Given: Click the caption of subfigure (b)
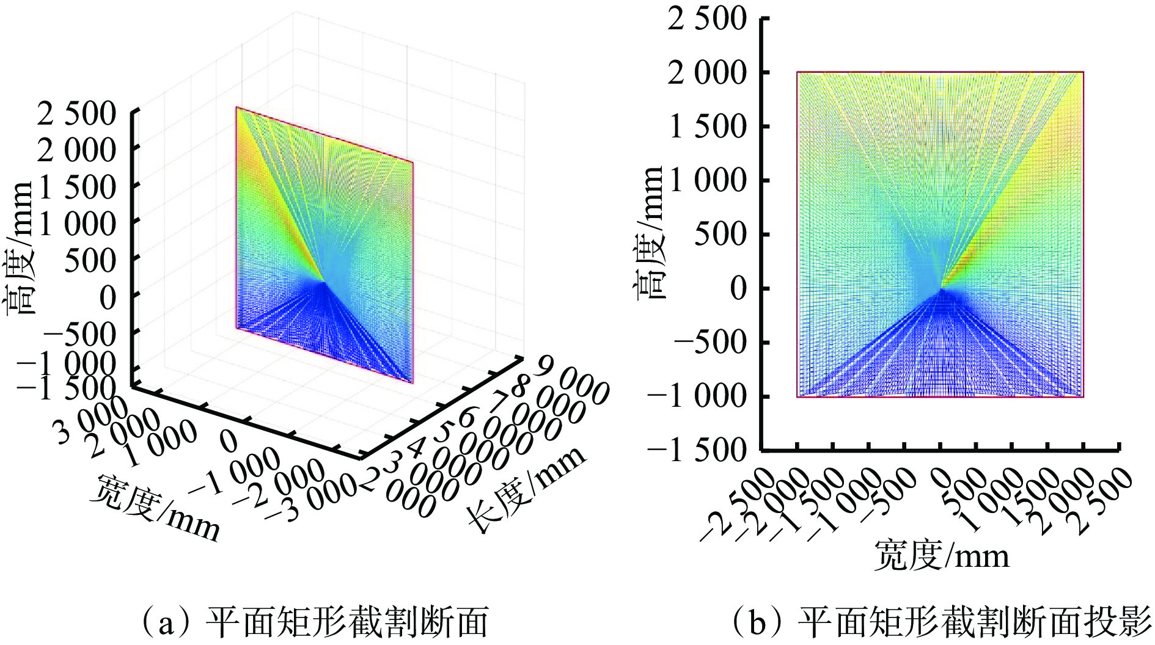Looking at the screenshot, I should (941, 622).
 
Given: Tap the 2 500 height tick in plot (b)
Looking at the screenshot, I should (707, 19).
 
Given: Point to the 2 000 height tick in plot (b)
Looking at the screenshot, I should (707, 73).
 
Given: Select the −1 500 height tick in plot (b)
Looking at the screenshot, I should (697, 451).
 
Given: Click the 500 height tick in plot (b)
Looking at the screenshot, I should (721, 235).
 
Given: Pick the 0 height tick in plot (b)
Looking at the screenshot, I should (739, 288).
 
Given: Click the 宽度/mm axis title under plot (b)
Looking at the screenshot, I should (941, 555).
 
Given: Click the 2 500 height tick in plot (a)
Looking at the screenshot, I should (76, 114).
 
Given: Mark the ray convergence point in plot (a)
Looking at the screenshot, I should (324, 282).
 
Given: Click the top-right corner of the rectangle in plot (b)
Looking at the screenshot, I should (1083, 72).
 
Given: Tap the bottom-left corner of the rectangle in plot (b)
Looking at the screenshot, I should (797, 397).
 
